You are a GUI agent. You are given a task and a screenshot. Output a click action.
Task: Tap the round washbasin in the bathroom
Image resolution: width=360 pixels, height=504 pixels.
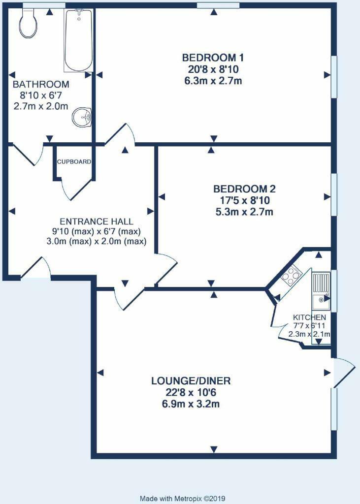tap(81, 118)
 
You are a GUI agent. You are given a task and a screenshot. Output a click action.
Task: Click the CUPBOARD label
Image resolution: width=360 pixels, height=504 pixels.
tap(74, 161)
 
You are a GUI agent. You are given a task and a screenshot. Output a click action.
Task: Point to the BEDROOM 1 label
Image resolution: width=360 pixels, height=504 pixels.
tap(213, 58)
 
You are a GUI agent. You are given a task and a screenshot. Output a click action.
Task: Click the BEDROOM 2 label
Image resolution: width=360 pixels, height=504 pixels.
tap(244, 189)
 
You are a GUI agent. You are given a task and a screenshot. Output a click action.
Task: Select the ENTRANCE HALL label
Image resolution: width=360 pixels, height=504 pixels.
tap(97, 221)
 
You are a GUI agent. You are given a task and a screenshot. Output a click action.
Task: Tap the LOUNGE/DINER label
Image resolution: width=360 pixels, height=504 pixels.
tap(191, 381)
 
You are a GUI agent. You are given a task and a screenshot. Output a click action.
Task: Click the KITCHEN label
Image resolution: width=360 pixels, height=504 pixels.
tap(309, 317)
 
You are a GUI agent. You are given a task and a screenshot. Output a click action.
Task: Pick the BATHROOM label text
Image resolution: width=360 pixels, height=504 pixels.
tap(41, 84)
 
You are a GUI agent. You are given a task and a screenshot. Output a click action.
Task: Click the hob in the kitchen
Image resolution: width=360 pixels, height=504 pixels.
tap(290, 275)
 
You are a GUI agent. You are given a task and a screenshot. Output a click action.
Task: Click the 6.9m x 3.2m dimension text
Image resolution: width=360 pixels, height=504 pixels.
tap(191, 405)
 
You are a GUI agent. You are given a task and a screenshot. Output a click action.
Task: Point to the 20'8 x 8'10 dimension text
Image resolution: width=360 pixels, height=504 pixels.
tap(213, 69)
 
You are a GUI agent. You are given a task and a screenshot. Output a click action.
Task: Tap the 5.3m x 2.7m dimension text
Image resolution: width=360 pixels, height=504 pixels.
tap(244, 212)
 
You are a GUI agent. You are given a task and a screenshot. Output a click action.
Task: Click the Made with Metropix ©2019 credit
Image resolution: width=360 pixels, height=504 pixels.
tap(182, 498)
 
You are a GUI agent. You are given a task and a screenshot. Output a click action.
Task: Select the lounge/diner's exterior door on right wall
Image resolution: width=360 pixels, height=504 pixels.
tap(343, 373)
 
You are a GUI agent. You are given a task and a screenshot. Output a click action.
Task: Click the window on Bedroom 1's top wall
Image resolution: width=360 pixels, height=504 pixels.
tap(218, 5)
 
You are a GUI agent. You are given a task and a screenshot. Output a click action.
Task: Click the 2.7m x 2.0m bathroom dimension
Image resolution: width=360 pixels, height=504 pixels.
tap(41, 106)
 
